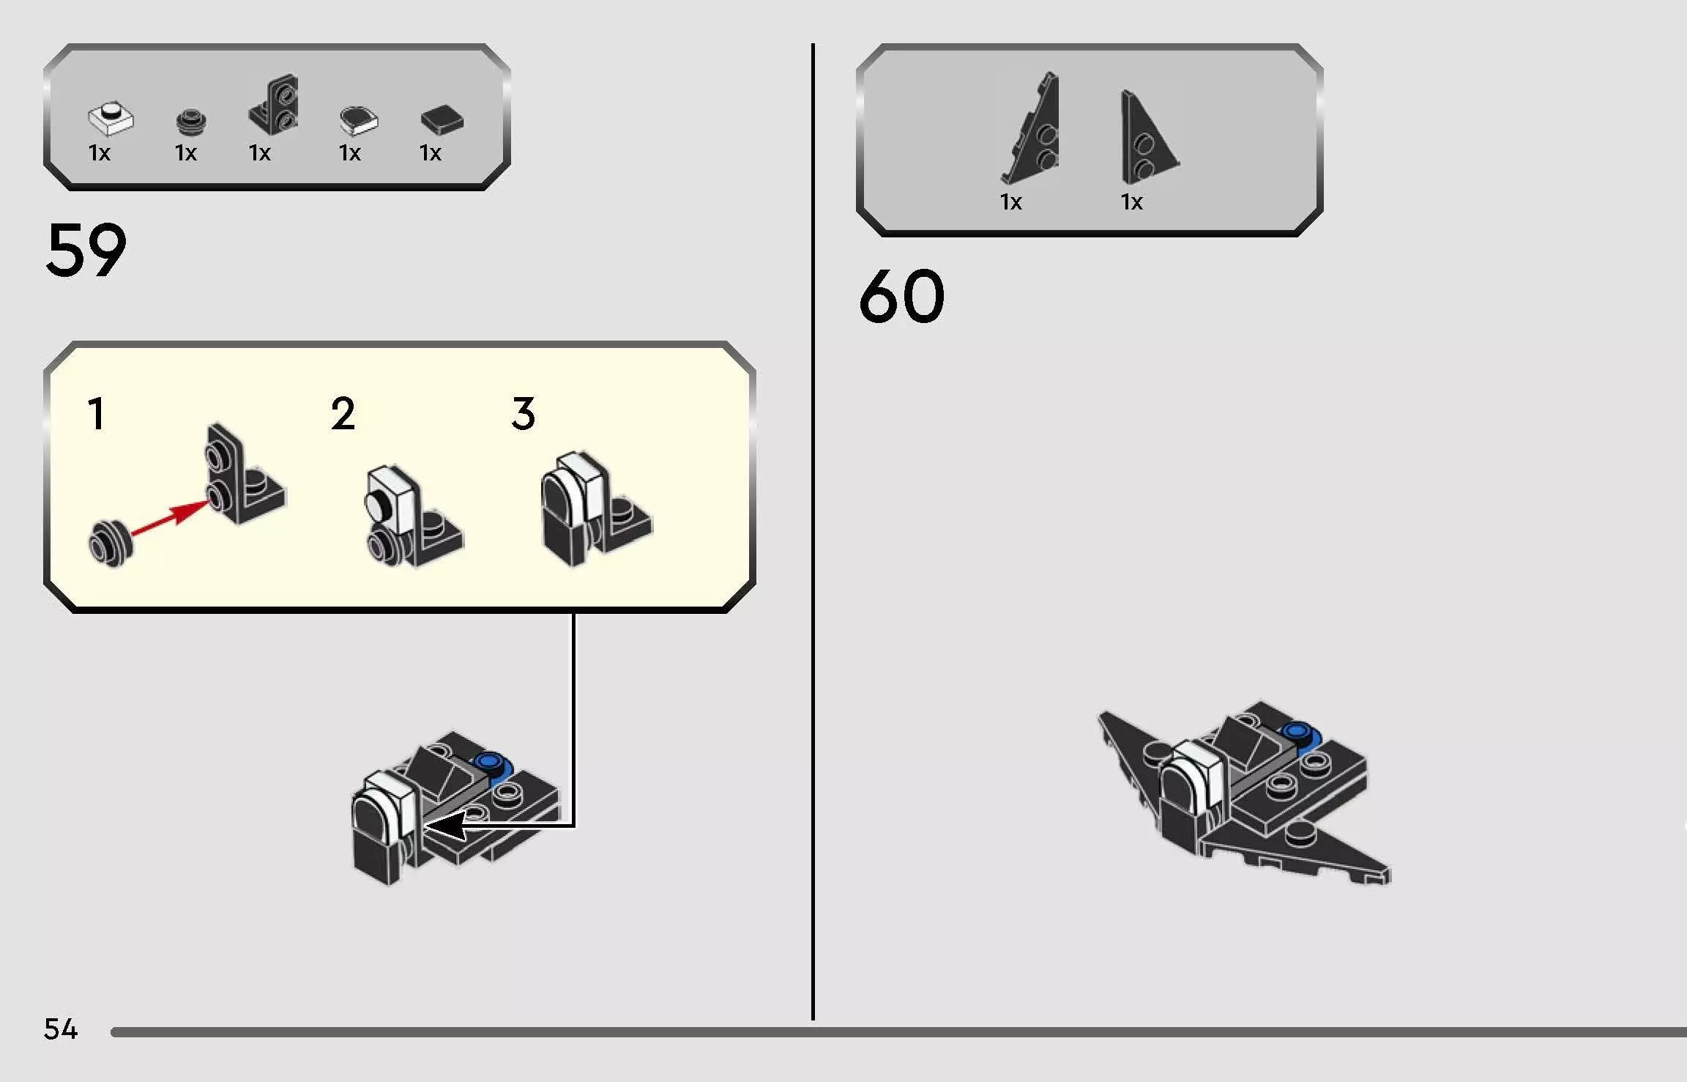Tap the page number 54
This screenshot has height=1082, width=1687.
pyautogui.click(x=60, y=1029)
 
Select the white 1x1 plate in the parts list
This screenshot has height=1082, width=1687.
pyautogui.click(x=111, y=119)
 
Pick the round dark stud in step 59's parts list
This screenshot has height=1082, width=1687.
pyautogui.click(x=191, y=122)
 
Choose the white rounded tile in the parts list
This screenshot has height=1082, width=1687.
pyautogui.click(x=358, y=121)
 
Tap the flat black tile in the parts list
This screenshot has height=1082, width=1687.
pyautogui.click(x=442, y=121)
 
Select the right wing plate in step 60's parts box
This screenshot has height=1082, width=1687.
pyautogui.click(x=1147, y=139)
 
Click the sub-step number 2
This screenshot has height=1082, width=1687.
pyautogui.click(x=343, y=414)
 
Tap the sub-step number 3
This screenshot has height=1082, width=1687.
pyautogui.click(x=524, y=414)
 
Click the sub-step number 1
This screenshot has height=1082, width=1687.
pyautogui.click(x=97, y=414)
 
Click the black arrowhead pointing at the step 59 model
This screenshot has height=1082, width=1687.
pyautogui.click(x=445, y=826)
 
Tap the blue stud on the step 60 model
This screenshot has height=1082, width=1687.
pyautogui.click(x=1297, y=733)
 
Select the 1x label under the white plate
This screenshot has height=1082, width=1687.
pyautogui.click(x=100, y=153)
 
